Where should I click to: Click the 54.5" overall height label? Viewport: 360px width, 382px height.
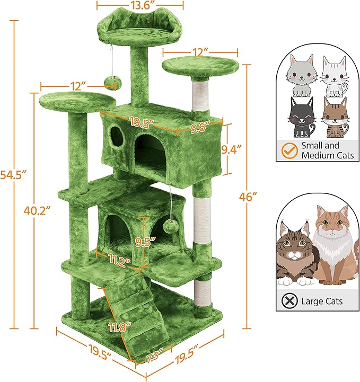coord(12,174)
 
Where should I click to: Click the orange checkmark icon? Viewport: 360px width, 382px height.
coord(288,150)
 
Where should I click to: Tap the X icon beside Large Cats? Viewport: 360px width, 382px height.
coord(290,301)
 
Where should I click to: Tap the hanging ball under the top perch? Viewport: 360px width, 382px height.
coord(112,81)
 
